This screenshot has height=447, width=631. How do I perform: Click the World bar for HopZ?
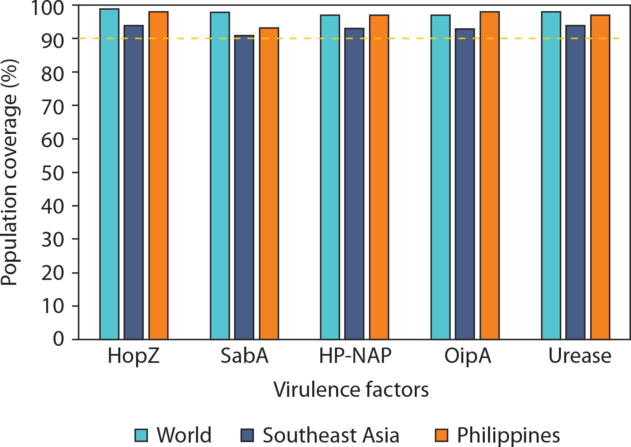[x=109, y=174]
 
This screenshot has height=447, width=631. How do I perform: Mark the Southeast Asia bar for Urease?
[x=575, y=182]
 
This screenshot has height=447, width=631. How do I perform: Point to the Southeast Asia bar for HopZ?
[x=134, y=182]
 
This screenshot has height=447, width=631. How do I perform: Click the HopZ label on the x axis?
[x=134, y=356]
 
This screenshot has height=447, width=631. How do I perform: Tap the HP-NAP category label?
[x=355, y=356]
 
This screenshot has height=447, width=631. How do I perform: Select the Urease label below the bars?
[x=580, y=356]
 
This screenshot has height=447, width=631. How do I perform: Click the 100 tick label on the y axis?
[x=47, y=8]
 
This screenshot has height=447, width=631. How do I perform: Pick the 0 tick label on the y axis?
[x=59, y=339]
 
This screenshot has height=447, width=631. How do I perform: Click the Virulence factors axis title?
[x=351, y=390]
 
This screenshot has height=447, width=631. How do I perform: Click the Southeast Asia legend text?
[x=330, y=435]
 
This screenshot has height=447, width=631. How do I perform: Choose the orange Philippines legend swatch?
[x=441, y=435]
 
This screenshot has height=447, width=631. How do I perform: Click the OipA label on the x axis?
[x=467, y=356]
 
